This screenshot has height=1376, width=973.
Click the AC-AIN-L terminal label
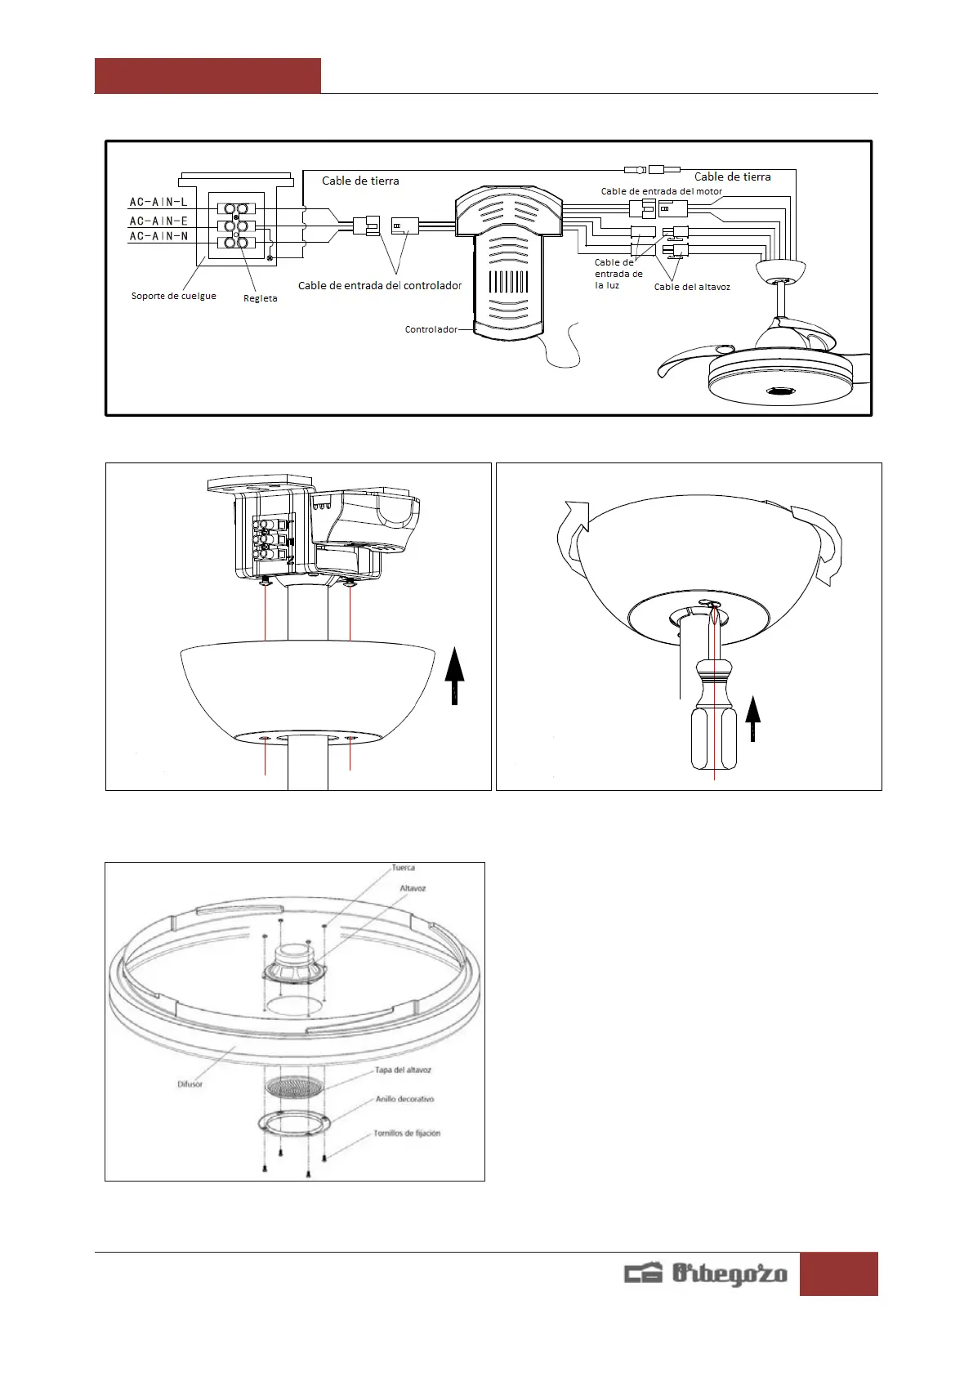coord(158,202)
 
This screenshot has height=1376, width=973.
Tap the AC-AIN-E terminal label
coord(158,221)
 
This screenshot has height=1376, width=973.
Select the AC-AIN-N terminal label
coord(158,236)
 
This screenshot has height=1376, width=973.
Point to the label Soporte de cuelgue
coord(174,296)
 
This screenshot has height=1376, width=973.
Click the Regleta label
coord(261,298)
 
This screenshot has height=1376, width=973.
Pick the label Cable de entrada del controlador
coord(380,285)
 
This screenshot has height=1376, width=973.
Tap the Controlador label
coord(431,329)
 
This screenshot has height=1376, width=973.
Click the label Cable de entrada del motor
coord(662,191)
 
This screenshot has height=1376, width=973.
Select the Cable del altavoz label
coord(692,287)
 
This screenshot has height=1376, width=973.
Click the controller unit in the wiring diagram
coord(507,261)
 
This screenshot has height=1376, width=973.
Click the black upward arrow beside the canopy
coord(454,674)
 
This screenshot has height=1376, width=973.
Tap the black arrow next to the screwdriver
coord(753,717)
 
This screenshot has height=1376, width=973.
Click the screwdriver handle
coord(714,719)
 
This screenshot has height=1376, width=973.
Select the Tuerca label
coord(404,868)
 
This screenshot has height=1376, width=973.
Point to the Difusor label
coord(190,1084)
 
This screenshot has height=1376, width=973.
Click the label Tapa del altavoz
coord(404,1070)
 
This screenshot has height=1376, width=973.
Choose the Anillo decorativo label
coord(405,1099)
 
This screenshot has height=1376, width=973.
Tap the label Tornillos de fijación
coord(407,1133)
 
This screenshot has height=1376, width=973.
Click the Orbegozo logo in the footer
coord(706,1274)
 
